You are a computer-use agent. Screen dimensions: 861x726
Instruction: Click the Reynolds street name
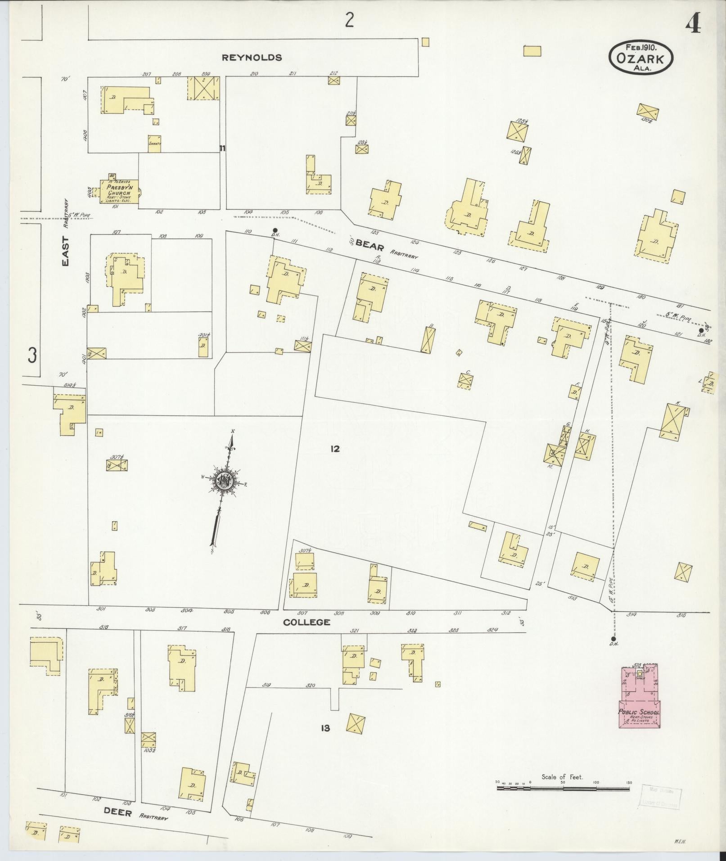tap(252, 58)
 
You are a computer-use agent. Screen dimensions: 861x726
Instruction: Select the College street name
tap(307, 622)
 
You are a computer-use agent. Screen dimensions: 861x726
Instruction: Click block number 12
tap(334, 449)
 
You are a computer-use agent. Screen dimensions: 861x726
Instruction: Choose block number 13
tap(325, 727)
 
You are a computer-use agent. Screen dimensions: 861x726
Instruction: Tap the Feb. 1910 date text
tap(641, 47)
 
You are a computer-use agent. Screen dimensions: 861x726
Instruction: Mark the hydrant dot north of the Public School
tap(613, 639)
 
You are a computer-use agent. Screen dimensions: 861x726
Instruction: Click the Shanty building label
tap(154, 144)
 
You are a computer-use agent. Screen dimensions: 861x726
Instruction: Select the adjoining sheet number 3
tap(32, 355)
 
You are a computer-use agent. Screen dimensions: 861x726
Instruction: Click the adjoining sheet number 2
tap(349, 21)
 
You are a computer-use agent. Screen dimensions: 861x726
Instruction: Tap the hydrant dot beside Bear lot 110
tap(275, 230)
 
